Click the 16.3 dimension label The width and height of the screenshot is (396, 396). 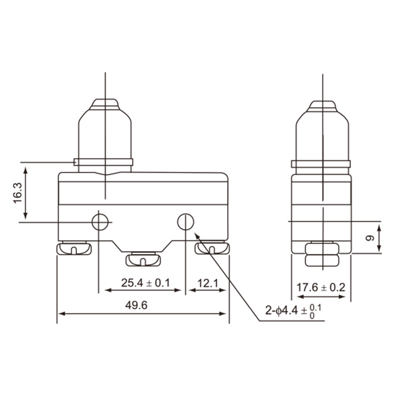click(x=18, y=193)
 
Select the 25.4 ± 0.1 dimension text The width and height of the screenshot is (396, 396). click(x=146, y=283)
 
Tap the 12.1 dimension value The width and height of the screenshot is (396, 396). click(x=207, y=283)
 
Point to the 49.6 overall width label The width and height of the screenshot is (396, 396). click(x=137, y=305)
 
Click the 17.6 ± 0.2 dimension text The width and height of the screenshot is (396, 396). click(x=321, y=288)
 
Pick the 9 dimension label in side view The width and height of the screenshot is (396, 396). click(x=370, y=238)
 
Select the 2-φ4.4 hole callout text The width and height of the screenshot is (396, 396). click(x=293, y=311)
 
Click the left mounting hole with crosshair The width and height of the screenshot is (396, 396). click(x=100, y=222)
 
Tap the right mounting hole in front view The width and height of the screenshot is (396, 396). click(x=186, y=222)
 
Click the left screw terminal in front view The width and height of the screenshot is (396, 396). click(x=74, y=248)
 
